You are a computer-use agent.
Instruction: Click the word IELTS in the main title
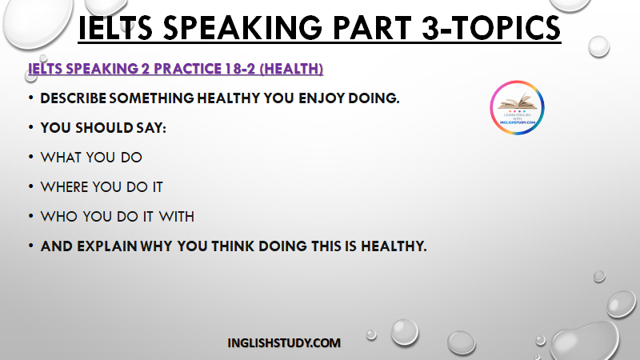(115, 28)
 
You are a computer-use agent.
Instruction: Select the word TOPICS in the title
(506, 28)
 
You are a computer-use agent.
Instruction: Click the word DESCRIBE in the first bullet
(73, 98)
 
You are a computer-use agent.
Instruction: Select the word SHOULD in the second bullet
(104, 128)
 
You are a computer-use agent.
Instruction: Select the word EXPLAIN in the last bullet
(107, 246)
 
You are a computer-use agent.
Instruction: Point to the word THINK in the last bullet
(233, 246)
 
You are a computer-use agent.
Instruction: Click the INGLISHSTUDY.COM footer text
(284, 343)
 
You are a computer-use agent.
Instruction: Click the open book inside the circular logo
(517, 102)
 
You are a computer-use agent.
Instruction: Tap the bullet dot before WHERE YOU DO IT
(31, 187)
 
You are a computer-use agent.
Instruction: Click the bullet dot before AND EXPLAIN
(31, 246)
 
